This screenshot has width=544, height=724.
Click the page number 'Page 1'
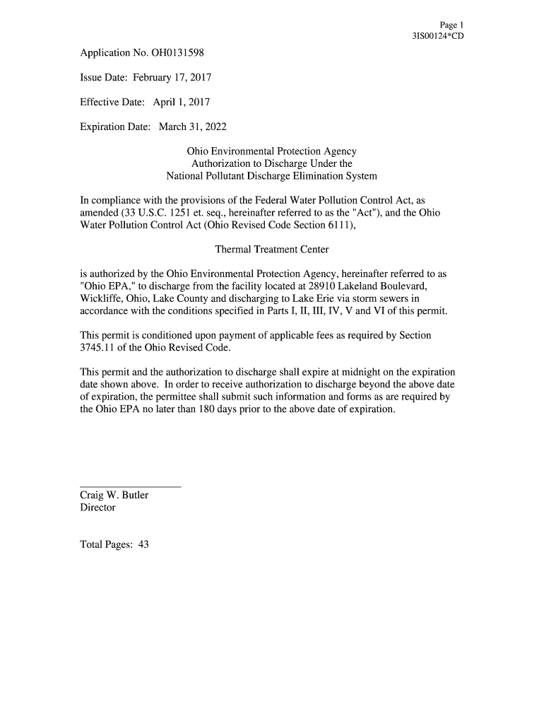pyautogui.click(x=451, y=25)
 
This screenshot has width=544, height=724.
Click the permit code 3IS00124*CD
pyautogui.click(x=438, y=36)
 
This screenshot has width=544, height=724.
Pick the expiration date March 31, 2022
pyautogui.click(x=192, y=127)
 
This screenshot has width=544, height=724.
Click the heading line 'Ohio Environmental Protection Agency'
pyautogui.click(x=271, y=151)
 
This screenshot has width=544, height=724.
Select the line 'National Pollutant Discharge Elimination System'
pyautogui.click(x=271, y=176)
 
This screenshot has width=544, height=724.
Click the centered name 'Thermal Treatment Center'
pyautogui.click(x=271, y=250)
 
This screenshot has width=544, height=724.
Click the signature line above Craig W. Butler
pyautogui.click(x=131, y=486)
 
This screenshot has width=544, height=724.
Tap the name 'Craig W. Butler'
pyautogui.click(x=114, y=496)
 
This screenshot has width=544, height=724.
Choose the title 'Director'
pyautogui.click(x=98, y=508)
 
